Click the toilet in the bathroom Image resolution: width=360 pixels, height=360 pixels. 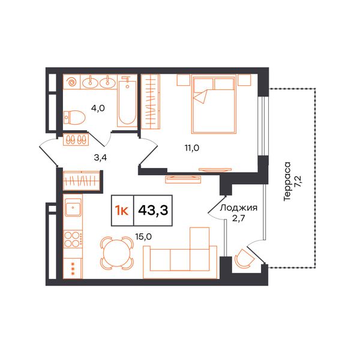pos(74,118)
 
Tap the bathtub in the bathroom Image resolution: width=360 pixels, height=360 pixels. pos(127,101)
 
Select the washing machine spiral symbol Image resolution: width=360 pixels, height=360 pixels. pos(71,82)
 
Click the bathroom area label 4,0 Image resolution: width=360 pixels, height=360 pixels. pos(98,108)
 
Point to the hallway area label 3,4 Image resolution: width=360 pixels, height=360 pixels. pos(100,158)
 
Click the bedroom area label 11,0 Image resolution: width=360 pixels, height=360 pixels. pos(192,148)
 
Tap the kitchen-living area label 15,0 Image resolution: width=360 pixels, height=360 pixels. pos(143,236)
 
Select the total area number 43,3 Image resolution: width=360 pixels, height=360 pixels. pos(153,211)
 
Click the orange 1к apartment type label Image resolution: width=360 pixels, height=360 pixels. pos(122,211)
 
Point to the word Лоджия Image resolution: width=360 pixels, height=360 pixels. pos(239,208)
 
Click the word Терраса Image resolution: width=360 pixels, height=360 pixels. pos(287,182)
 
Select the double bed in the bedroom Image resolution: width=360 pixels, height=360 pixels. pos(214,105)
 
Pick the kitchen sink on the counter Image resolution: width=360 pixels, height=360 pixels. pos(73,207)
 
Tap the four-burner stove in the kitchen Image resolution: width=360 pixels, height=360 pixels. pos(73,239)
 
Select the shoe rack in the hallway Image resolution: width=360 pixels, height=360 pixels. pos(76,139)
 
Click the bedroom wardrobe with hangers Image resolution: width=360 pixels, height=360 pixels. pos(151,101)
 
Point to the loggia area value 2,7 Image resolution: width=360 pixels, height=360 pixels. pos(239,218)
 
